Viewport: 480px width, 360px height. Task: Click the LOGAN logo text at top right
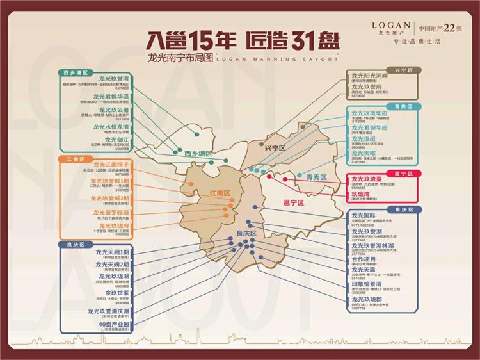click(391, 24)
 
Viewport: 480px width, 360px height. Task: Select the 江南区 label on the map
click(219, 193)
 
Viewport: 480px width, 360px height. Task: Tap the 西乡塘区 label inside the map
click(198, 154)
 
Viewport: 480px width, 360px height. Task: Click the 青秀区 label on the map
click(316, 177)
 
